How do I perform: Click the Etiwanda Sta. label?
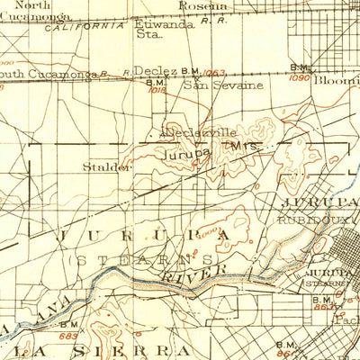[x=158, y=31]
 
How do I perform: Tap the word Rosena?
[x=203, y=5]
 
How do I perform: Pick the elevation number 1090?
[x=300, y=79]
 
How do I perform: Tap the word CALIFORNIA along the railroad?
[x=88, y=27]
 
